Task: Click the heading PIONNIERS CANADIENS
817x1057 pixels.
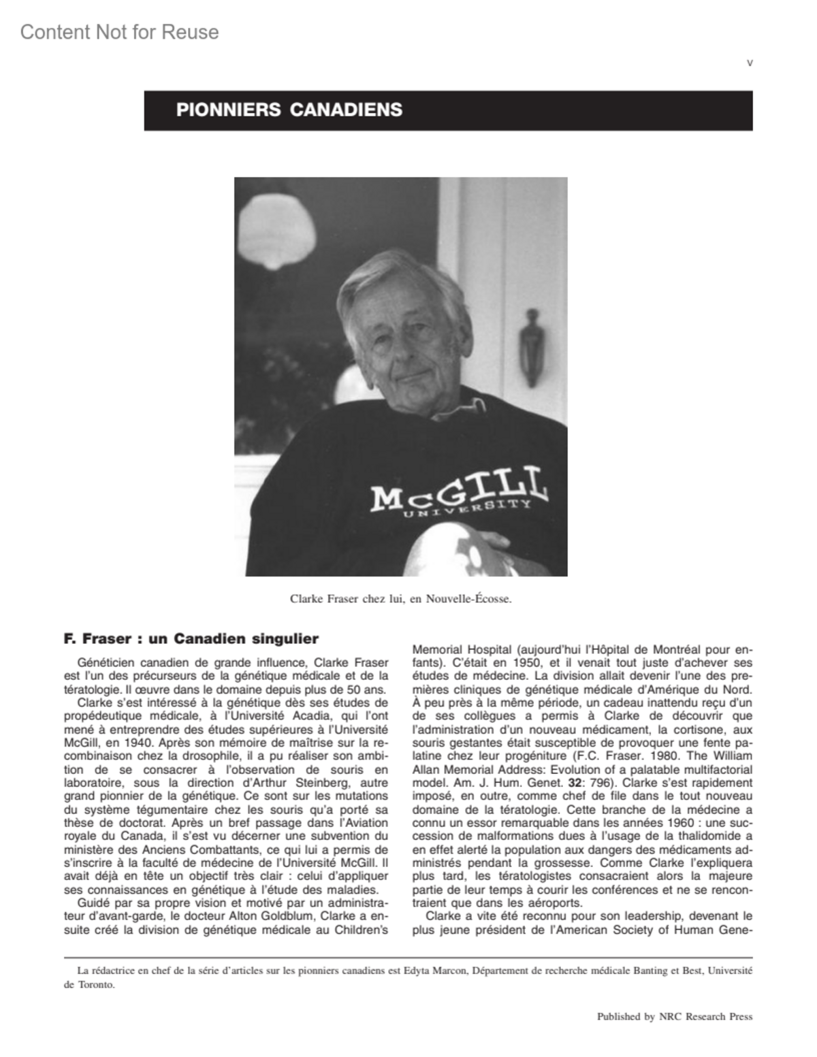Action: tap(289, 110)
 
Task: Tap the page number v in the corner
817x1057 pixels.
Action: tap(750, 63)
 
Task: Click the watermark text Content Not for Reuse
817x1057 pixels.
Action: tap(120, 32)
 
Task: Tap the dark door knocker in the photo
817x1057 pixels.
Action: tap(530, 347)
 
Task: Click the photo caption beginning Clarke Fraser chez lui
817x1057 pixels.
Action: tap(400, 600)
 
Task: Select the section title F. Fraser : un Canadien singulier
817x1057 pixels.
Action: tap(191, 638)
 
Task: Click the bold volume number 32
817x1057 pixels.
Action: tap(575, 782)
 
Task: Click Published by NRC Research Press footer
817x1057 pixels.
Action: tap(674, 1017)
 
